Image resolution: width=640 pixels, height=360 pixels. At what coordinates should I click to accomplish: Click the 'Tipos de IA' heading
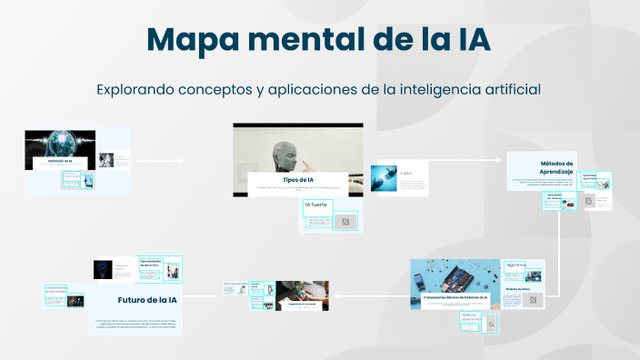click(x=297, y=179)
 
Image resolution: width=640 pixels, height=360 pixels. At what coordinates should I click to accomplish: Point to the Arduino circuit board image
click(x=455, y=276)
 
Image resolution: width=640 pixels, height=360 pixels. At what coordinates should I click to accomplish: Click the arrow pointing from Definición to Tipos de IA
click(x=159, y=161)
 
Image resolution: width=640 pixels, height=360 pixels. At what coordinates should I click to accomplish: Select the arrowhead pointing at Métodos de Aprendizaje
click(x=500, y=160)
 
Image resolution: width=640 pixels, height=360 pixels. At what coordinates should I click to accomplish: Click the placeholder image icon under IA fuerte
click(x=345, y=221)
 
